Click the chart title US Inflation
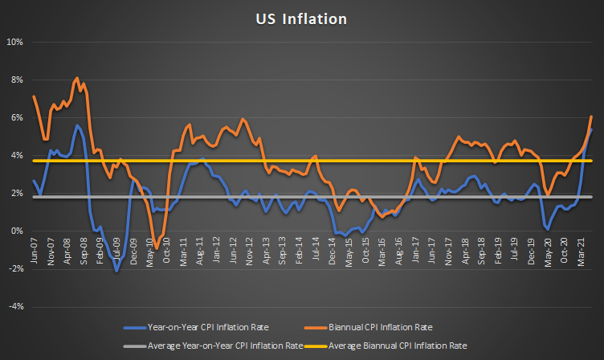tap(302, 17)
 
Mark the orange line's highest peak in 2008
tap(76, 78)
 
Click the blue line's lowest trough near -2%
tap(116, 272)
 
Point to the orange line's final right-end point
tap(592, 117)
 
